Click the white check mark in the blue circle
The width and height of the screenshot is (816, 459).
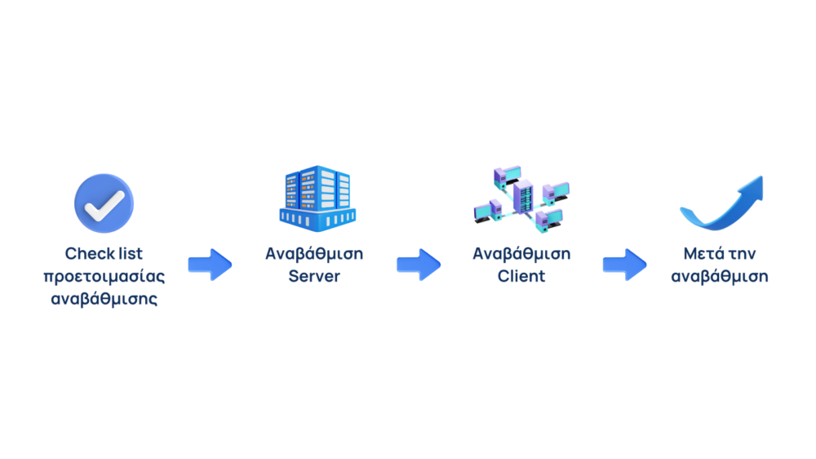[x=104, y=203]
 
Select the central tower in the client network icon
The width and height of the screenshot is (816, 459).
[x=521, y=196]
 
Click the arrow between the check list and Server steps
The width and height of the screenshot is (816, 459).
[x=210, y=265]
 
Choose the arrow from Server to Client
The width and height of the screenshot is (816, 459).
[x=419, y=265]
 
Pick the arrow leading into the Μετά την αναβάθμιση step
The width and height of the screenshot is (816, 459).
[x=625, y=265]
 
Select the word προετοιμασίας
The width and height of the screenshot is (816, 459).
[x=104, y=276]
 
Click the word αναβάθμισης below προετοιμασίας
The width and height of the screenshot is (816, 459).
[x=104, y=298]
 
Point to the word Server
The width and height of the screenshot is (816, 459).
[x=314, y=276]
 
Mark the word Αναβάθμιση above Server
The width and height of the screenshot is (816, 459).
[x=314, y=254]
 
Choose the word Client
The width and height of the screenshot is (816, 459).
[x=521, y=276]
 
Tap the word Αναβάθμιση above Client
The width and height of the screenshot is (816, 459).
[x=521, y=254]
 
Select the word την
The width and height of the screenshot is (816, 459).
[x=742, y=254]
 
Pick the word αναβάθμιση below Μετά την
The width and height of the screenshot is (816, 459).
[x=720, y=276]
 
